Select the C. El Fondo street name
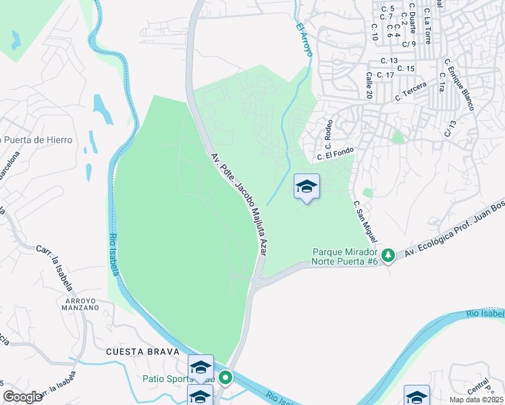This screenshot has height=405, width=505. tap(336, 155)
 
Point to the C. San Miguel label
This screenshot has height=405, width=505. tap(365, 221)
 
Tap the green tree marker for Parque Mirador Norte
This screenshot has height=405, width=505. tap(388, 255)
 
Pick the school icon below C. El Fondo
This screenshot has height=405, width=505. tap(307, 187)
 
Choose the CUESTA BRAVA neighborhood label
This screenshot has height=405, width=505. tap(142, 352)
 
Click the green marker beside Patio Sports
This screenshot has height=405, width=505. tap(225, 378)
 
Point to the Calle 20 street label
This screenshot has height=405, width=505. tap(369, 85)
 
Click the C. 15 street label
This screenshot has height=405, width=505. tap(406, 69)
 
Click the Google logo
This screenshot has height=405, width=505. tap(22, 397)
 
